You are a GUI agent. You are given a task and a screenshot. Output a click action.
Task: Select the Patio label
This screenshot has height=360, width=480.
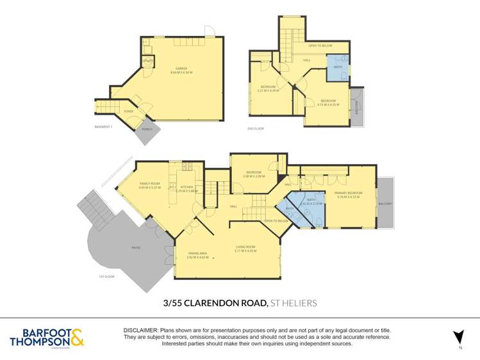click(x=136, y=248)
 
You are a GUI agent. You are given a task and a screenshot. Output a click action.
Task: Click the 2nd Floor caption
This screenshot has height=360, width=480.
click(x=256, y=129)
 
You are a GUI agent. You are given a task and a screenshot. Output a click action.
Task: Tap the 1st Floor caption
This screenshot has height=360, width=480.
click(x=106, y=276)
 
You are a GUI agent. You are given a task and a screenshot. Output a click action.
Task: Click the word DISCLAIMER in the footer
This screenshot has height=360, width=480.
click(x=140, y=329)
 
